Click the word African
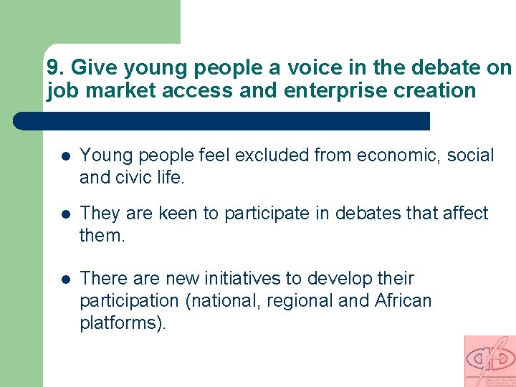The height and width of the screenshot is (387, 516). (x=403, y=301)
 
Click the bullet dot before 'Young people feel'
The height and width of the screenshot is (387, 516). (x=64, y=156)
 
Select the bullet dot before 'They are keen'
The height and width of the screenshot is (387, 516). (x=64, y=214)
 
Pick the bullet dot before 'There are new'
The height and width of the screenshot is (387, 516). (x=64, y=279)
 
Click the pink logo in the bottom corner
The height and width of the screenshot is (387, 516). (x=489, y=360)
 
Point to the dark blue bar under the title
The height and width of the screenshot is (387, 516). (x=222, y=120)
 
